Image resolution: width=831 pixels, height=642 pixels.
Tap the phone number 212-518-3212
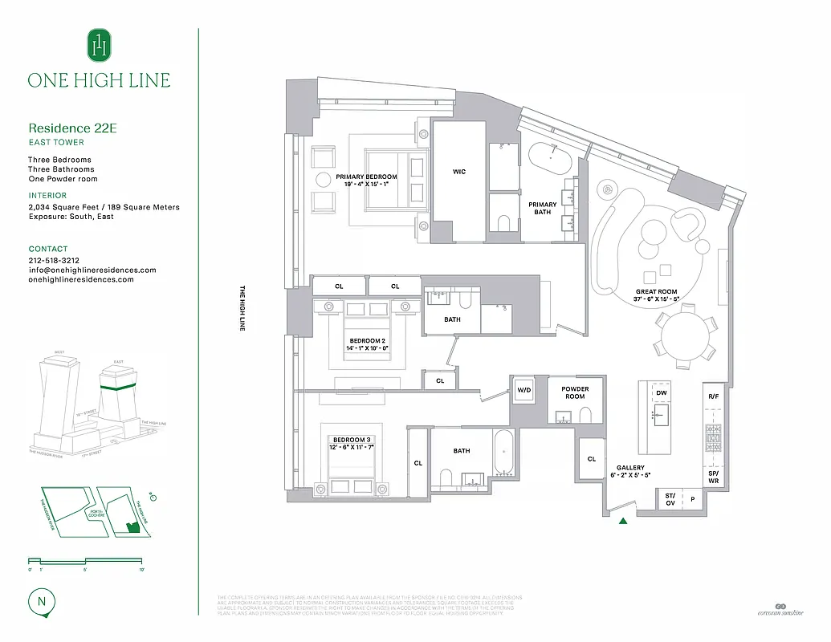(x=54, y=261)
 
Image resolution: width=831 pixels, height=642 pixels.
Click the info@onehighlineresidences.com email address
(x=92, y=270)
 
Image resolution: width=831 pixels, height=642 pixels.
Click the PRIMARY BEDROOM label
(x=366, y=177)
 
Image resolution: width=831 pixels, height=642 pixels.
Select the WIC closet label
(x=458, y=172)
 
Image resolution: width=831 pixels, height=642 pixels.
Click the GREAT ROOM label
(x=657, y=293)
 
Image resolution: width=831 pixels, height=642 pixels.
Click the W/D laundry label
(x=524, y=390)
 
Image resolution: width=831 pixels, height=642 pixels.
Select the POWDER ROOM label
(x=575, y=392)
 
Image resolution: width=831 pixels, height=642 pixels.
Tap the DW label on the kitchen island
(x=662, y=393)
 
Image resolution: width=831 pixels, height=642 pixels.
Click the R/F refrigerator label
(x=713, y=396)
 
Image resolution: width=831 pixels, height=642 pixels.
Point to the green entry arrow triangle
(x=623, y=521)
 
